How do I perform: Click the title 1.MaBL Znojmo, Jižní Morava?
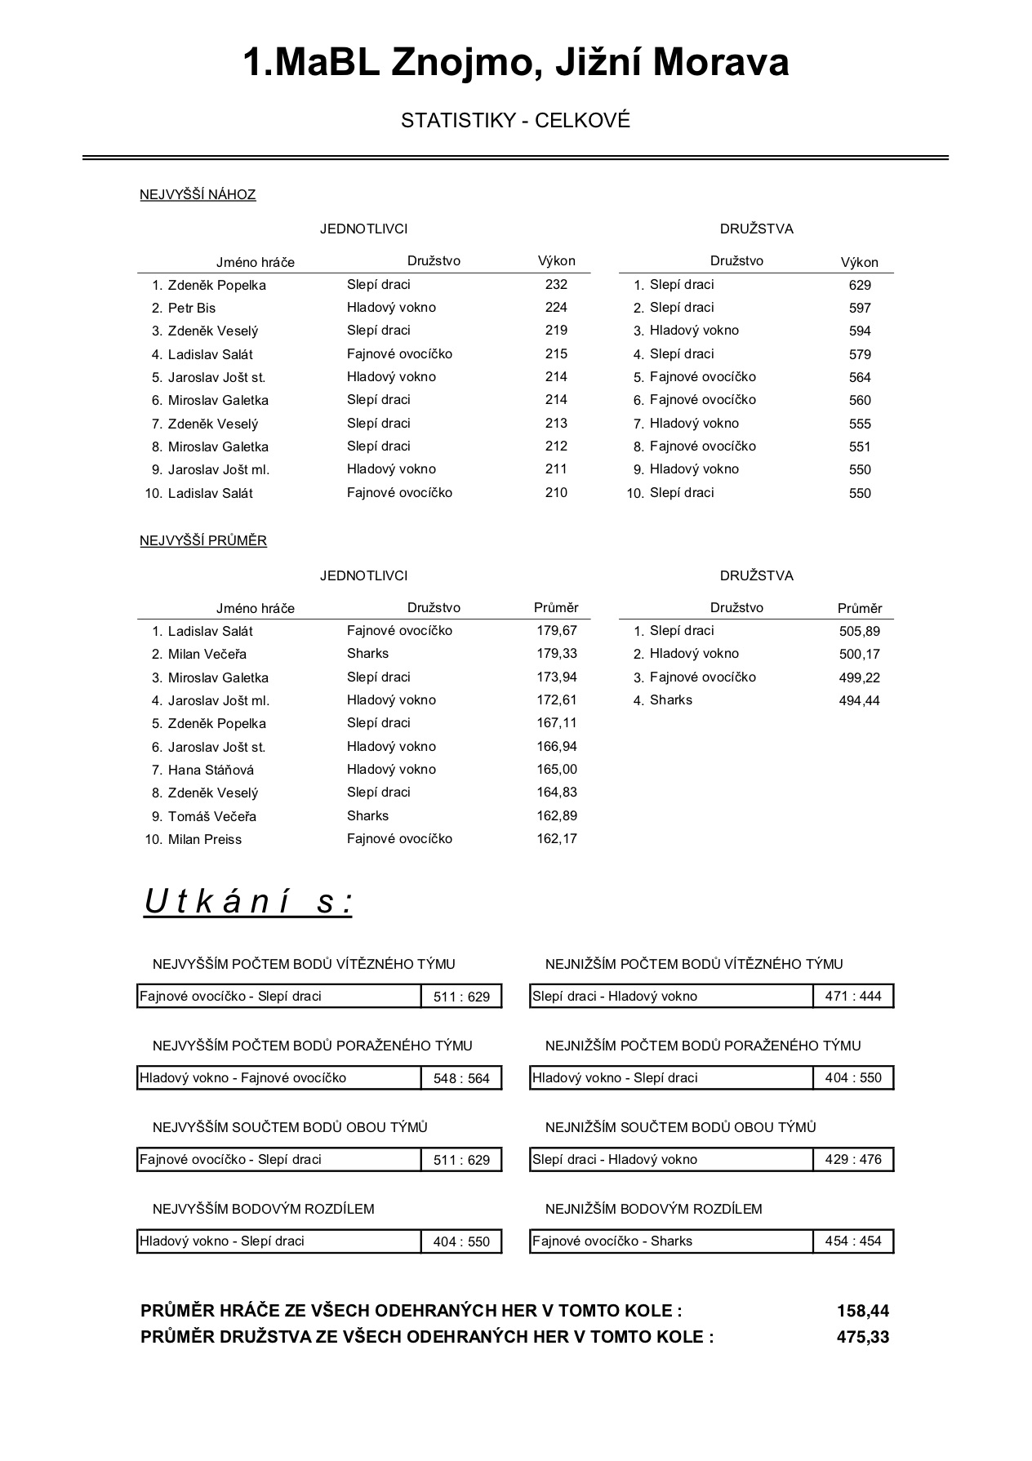click(x=515, y=63)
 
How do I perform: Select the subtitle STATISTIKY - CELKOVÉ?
click(x=515, y=121)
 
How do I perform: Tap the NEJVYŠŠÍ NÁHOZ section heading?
click(x=198, y=194)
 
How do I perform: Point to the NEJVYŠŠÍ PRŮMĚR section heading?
click(x=203, y=540)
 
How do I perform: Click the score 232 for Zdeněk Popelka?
click(x=556, y=285)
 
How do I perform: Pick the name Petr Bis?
click(x=192, y=308)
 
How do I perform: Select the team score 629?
click(x=860, y=285)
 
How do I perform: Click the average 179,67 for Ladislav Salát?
click(x=557, y=631)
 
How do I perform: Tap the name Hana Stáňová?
click(x=211, y=770)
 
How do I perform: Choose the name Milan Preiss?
click(x=205, y=839)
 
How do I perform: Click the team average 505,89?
click(x=860, y=631)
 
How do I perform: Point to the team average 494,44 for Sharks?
click(x=860, y=700)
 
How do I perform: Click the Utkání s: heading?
click(x=248, y=902)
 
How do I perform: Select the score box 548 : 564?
click(x=461, y=1078)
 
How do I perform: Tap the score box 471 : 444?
click(x=853, y=997)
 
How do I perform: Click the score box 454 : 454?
click(x=853, y=1241)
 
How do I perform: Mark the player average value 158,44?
click(x=863, y=1311)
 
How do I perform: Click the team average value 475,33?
click(x=863, y=1337)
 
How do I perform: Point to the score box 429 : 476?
click(x=853, y=1160)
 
